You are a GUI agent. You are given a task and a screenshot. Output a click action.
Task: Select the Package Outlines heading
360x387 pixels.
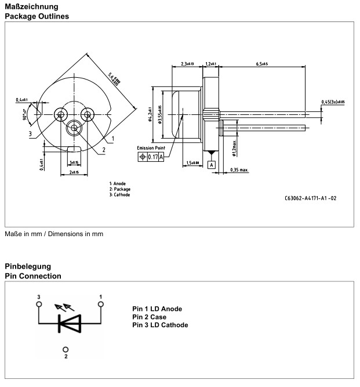(37, 16)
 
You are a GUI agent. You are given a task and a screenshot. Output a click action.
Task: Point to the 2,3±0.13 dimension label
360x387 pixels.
(187, 63)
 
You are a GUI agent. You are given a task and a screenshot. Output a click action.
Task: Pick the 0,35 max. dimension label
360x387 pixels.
(239, 170)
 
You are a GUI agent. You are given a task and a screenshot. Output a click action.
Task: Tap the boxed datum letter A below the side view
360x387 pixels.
(212, 165)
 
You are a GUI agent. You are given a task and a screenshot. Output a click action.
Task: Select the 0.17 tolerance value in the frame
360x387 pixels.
(152, 157)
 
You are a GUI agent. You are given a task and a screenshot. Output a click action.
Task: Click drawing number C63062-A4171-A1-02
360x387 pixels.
(311, 198)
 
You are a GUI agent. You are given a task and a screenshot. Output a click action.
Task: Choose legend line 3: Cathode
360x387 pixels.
(119, 195)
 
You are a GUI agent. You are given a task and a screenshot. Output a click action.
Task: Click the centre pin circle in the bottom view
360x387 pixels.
(74, 128)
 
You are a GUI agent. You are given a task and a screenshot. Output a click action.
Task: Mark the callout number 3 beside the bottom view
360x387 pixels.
(28, 133)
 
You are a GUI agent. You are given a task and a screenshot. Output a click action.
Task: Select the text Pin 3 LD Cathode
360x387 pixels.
(160, 325)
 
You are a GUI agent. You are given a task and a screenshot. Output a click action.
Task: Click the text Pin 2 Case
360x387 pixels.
(150, 317)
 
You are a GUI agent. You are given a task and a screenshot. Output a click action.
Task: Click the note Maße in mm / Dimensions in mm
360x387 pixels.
(54, 234)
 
